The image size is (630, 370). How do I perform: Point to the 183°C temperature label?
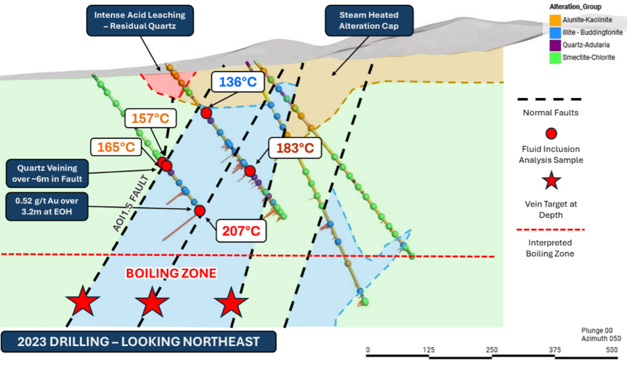pos(294,148)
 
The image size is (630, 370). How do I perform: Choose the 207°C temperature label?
pos(241,232)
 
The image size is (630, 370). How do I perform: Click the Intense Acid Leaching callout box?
pos(140,20)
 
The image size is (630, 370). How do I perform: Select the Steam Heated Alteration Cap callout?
pos(369,20)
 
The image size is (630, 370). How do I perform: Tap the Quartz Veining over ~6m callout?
pos(46,172)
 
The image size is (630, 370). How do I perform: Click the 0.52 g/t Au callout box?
pos(46,205)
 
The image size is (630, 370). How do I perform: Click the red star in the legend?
pos(551,180)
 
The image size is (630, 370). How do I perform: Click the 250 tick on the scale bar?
pos(492,350)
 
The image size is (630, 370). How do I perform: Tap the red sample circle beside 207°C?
pos(199,211)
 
